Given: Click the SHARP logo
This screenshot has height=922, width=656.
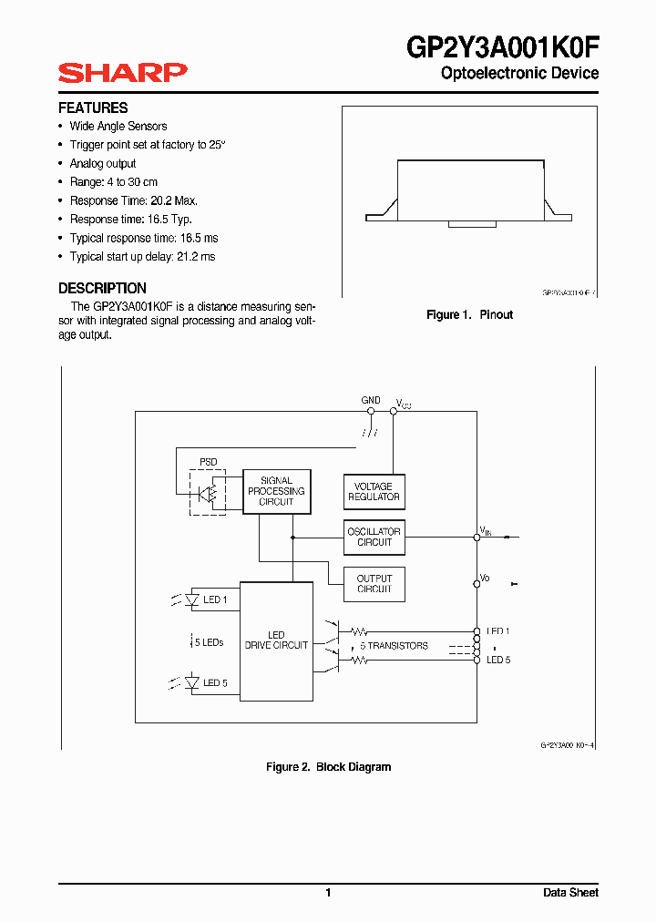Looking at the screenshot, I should coord(123,73).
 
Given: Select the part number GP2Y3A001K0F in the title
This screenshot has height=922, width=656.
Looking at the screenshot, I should coord(502,46).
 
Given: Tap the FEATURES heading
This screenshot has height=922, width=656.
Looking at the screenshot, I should coord(93,108).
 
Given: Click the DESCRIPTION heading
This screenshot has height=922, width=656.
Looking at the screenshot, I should coord(102,288).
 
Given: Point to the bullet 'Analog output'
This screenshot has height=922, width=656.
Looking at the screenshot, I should coord(103,163).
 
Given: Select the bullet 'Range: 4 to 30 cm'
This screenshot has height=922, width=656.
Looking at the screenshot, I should coord(113,182).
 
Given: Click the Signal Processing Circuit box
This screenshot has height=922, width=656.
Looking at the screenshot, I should coord(277,491).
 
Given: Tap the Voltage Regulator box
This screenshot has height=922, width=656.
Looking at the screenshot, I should coord(374,492).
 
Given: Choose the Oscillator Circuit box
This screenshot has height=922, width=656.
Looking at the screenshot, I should coord(374,537).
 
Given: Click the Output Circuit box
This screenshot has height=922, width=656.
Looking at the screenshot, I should coord(374,584).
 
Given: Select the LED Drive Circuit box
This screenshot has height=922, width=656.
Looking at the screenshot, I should coord(276,640).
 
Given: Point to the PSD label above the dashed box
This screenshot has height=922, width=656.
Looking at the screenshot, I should coord(209,462).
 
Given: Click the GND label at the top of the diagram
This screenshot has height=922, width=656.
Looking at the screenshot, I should coord(371,400).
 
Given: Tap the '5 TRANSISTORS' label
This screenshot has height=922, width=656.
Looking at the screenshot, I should coord(394,646).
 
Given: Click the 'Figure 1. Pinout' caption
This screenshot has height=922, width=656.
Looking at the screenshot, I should coord(470,314).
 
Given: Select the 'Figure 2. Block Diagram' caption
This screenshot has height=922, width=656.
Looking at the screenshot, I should coord(328,767).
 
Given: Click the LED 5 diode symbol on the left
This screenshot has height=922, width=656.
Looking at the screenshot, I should coord(192,682).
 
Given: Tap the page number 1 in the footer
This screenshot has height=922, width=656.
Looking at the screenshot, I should coord(328,893).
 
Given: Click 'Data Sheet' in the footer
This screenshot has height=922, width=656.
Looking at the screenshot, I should coord(570,893).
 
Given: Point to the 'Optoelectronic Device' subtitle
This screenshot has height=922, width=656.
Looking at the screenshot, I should coord(519,73).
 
